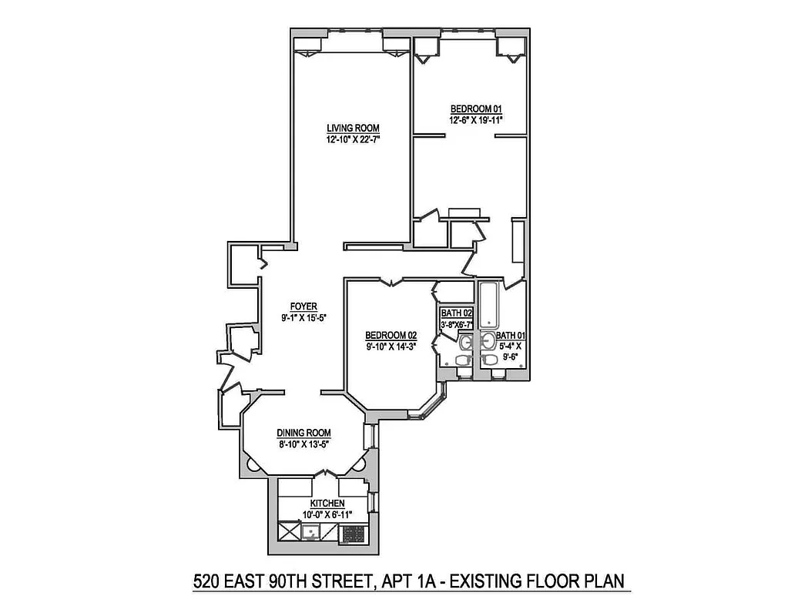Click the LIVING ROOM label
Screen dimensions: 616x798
(353, 128)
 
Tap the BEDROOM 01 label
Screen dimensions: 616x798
(470, 109)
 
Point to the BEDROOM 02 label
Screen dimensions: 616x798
(391, 335)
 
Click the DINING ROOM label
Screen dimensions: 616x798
(304, 433)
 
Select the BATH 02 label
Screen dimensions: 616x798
(456, 313)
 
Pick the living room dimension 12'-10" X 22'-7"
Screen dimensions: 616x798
(353, 139)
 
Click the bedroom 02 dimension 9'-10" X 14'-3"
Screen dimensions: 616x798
(391, 346)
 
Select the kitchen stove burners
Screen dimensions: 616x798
(353, 532)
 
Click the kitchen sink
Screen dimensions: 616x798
(311, 531)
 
